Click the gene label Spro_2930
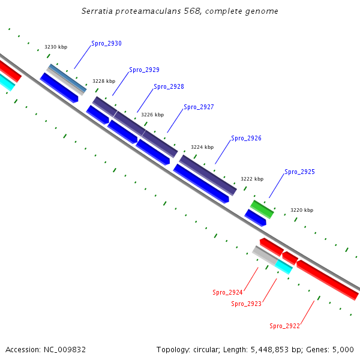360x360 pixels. click(x=106, y=44)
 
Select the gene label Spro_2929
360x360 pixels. click(x=144, y=70)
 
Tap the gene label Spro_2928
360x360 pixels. click(x=169, y=87)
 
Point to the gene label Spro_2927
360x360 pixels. click(x=199, y=107)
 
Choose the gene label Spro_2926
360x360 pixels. click(x=246, y=139)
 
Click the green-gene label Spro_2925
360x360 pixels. click(x=299, y=172)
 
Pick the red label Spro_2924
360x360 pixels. click(x=227, y=293)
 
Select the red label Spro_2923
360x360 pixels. click(x=246, y=304)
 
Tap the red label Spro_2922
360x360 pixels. click(x=284, y=326)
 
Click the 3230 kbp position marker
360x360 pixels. click(x=56, y=47)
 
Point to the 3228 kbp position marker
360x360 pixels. click(x=104, y=81)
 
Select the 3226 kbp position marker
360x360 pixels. click(x=152, y=115)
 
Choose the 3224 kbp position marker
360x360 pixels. click(x=202, y=147)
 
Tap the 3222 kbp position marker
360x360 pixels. click(x=252, y=179)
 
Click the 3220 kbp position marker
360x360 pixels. click(x=302, y=211)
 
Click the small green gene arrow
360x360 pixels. click(x=262, y=209)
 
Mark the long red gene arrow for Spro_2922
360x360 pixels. click(x=327, y=280)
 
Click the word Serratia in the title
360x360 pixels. click(x=98, y=11)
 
